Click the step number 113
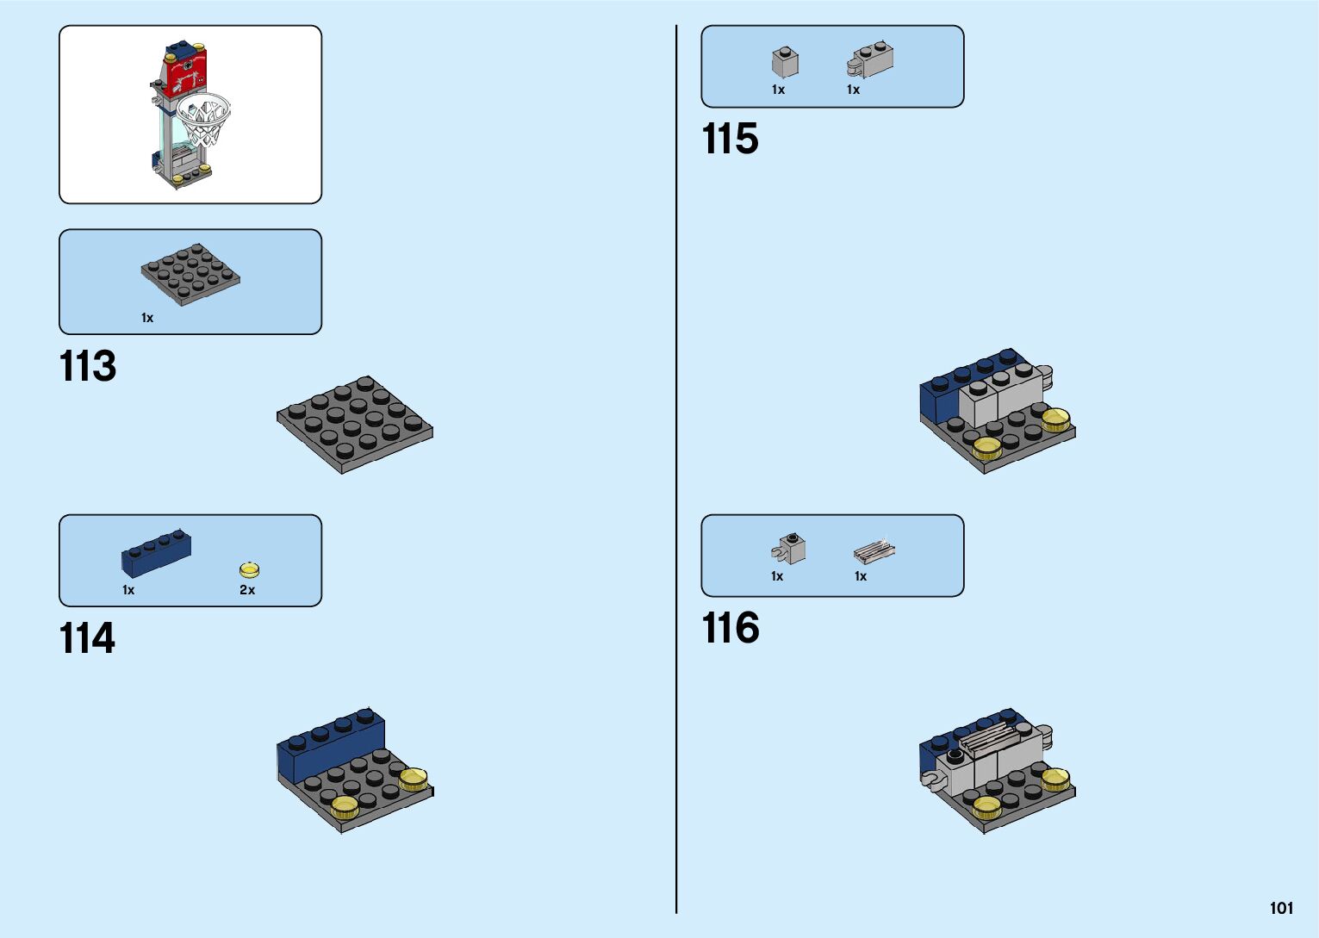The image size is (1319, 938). (x=88, y=367)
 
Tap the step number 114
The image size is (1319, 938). (x=87, y=639)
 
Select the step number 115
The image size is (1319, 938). (x=730, y=139)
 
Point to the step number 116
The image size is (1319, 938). (x=731, y=628)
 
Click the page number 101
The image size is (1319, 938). (x=1281, y=908)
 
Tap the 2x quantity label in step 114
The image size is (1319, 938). (x=247, y=590)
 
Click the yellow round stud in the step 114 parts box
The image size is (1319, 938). (x=249, y=570)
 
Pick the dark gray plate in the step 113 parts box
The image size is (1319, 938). (x=190, y=274)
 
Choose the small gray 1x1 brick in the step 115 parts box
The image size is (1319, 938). (x=785, y=62)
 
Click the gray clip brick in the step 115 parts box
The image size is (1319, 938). (x=871, y=60)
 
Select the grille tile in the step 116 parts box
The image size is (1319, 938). (x=874, y=551)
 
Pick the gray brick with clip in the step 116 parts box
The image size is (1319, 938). (x=789, y=549)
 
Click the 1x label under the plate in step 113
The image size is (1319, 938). (x=147, y=318)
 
